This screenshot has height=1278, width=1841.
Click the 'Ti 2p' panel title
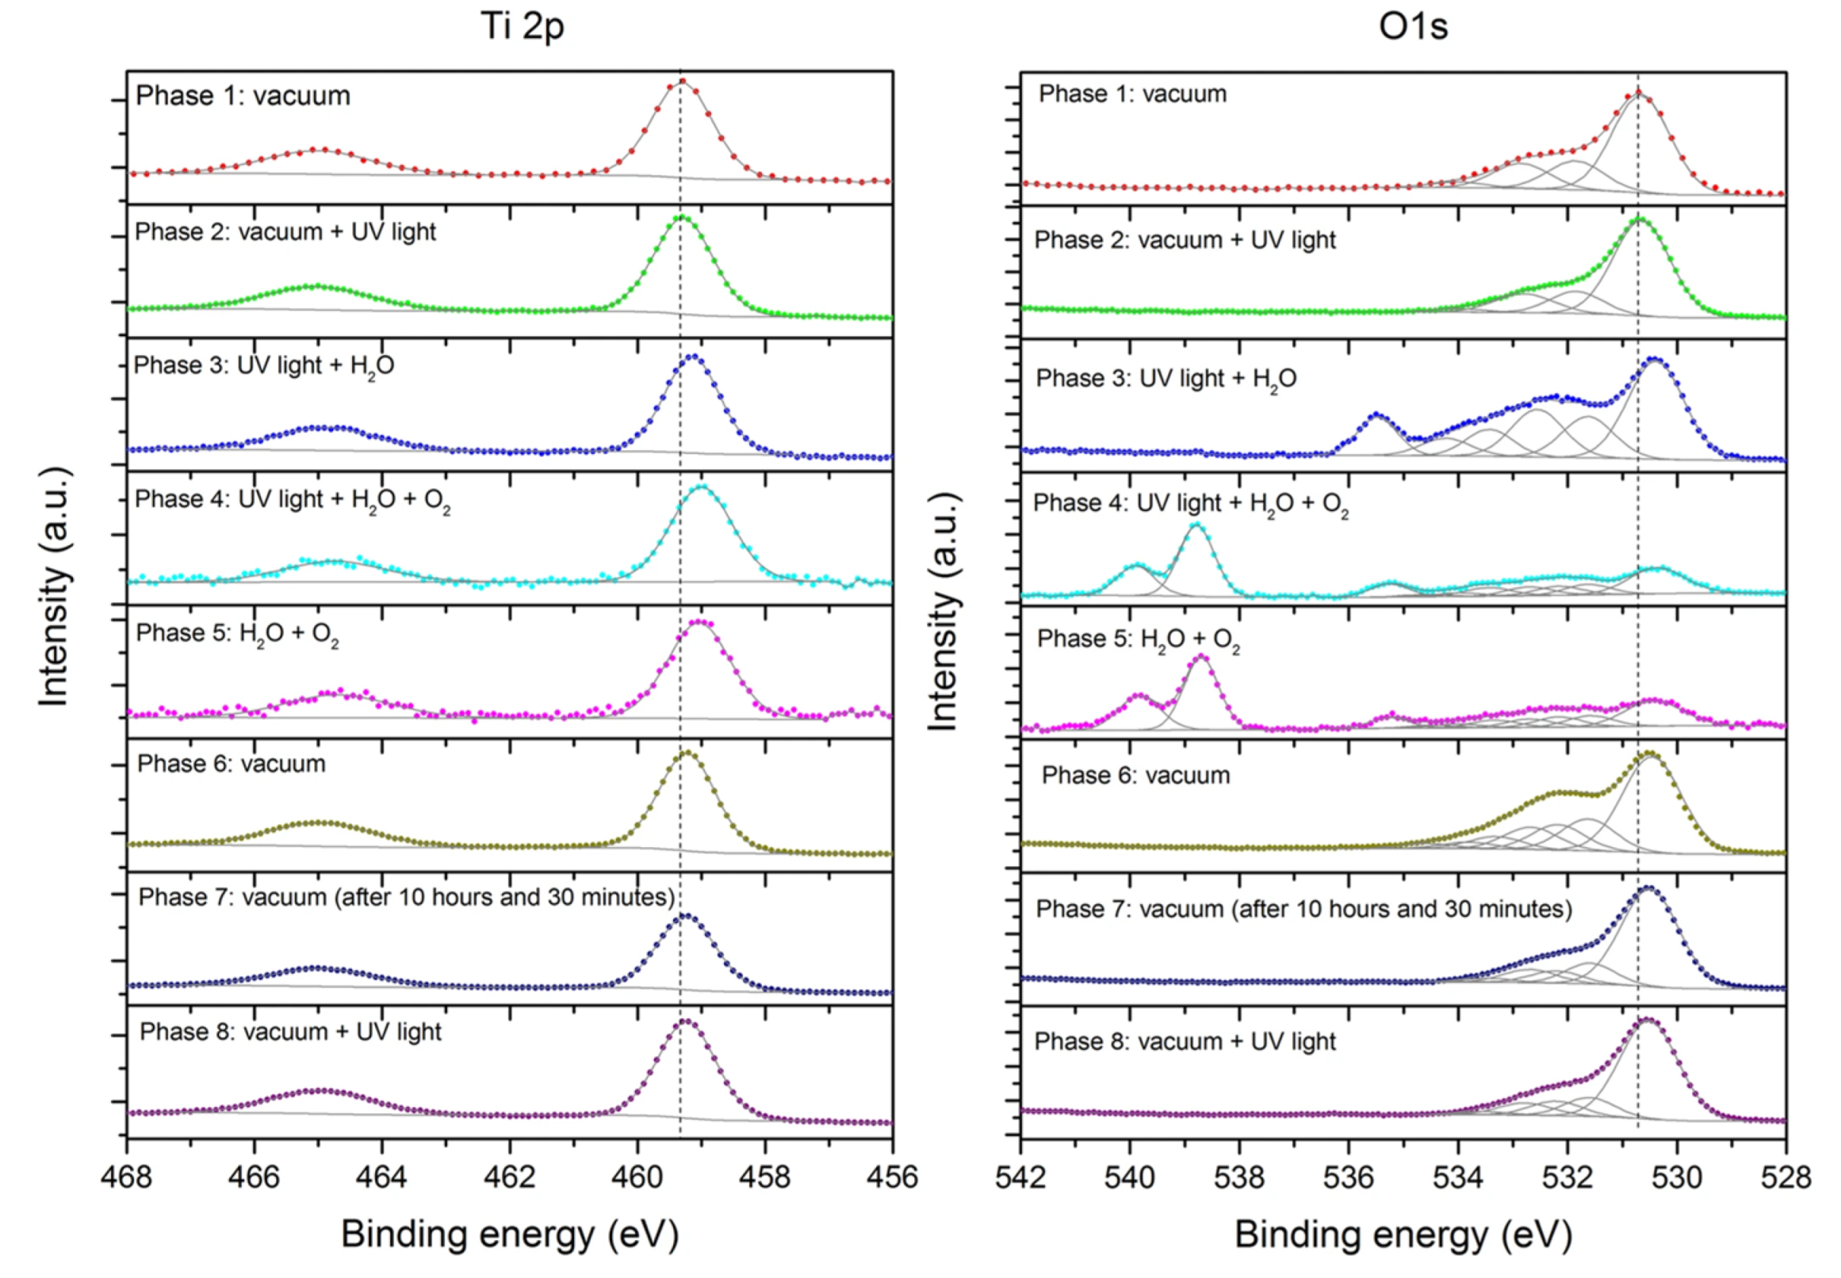coord(522,25)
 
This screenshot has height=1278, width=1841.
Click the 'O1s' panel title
coord(1413,25)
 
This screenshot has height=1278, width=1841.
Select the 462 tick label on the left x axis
coord(510,1177)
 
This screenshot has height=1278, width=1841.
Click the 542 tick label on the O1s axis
coord(1020,1177)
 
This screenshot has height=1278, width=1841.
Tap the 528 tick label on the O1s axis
coord(1786,1177)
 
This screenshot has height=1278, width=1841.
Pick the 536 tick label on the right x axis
coord(1349,1177)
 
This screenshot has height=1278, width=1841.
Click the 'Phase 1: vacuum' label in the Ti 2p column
coord(243,95)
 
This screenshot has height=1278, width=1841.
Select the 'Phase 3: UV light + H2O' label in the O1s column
coord(1165,379)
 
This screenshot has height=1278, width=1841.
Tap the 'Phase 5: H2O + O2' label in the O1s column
coord(1138,639)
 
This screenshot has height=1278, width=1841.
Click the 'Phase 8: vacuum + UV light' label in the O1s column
coord(1185,1041)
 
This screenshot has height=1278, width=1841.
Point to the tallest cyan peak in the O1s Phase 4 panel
coord(1197,525)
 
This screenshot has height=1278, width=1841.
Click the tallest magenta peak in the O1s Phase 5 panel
coord(1201,658)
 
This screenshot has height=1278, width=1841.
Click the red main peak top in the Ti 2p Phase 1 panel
coord(683,81)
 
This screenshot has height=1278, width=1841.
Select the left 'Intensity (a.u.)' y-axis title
coord(55,586)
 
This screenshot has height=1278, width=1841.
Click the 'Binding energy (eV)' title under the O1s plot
coord(1403,1234)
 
